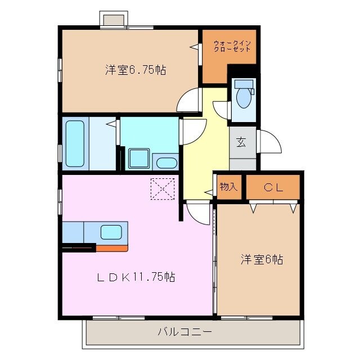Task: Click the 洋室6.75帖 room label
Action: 134,70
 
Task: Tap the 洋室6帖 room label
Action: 262,259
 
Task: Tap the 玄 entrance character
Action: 241,142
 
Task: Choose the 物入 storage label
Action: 228,187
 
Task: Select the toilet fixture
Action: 244,95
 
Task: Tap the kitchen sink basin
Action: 111,231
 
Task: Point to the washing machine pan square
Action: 138,158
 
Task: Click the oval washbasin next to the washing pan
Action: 165,164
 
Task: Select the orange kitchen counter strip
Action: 112,247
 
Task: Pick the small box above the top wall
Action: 112,19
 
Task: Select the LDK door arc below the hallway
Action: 198,213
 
